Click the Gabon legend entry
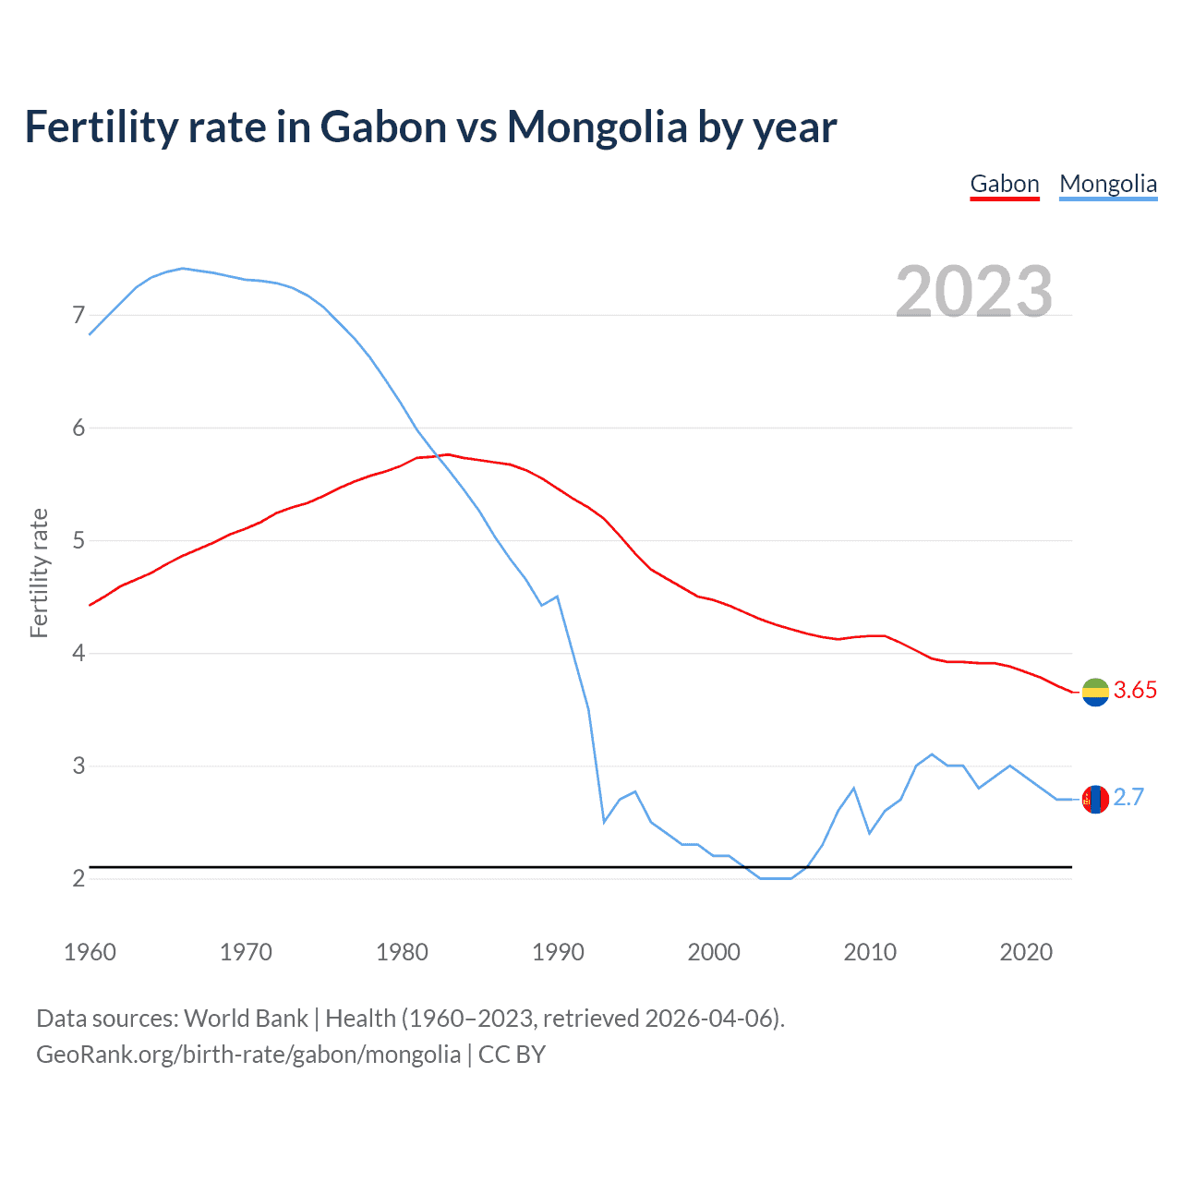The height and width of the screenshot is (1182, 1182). pos(1005,184)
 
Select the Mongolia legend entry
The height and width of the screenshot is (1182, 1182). pos(1108,184)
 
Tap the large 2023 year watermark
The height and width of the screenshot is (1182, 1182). pos(974,292)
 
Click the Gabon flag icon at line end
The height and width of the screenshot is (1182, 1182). pos(1095,692)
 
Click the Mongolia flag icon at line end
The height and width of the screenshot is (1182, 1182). pos(1095,799)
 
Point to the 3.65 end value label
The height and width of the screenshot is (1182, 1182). pos(1135,691)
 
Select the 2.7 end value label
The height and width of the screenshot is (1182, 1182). pos(1128,798)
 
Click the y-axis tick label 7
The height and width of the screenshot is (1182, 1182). pos(78,316)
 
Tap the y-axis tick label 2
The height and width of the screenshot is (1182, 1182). pos(78,879)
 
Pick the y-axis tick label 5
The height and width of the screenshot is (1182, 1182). pos(78,541)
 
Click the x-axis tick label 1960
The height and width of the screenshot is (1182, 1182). pos(90,952)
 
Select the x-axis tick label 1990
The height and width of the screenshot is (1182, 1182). pos(558,952)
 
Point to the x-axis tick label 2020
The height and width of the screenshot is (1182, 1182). pos(1026,952)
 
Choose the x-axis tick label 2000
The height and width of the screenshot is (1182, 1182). pos(714,952)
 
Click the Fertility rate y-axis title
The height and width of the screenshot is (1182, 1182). pos(39,573)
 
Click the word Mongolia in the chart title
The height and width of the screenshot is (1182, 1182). pos(597,127)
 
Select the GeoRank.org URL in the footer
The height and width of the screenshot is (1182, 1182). pos(247,1055)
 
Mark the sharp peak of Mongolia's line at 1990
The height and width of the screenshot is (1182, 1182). pos(557,597)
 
